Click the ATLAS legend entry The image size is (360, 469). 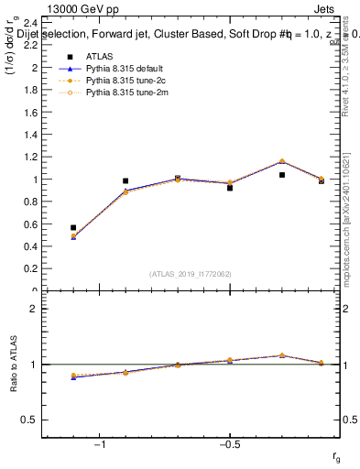click(x=100, y=56)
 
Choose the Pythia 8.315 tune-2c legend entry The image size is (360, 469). click(x=123, y=80)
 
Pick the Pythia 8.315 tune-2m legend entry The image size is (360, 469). click(x=123, y=93)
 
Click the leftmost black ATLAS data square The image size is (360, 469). click(x=73, y=227)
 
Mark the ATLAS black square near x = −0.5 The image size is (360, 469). click(x=230, y=188)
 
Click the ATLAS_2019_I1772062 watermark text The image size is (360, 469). click(x=191, y=274)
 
